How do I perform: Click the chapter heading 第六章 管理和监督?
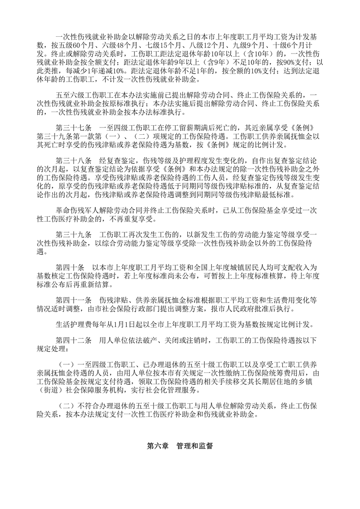(180, 446)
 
